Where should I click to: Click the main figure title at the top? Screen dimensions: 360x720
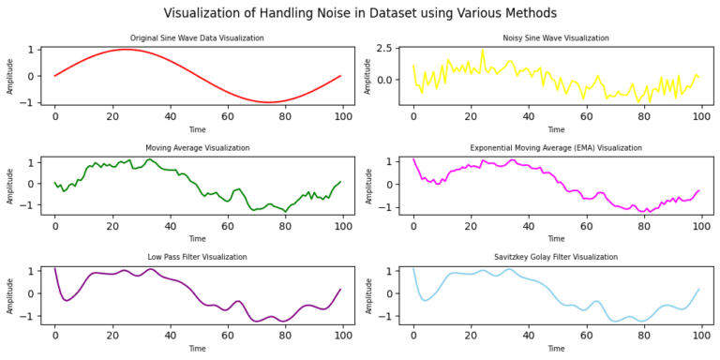(360, 13)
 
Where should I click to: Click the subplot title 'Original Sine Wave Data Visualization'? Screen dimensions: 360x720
(197, 38)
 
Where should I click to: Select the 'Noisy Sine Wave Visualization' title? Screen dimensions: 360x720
(556, 38)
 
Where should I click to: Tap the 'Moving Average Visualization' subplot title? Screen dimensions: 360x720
(197, 148)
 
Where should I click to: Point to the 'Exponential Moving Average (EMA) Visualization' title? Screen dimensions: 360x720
(556, 148)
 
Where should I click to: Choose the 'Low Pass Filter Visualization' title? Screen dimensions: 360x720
(197, 257)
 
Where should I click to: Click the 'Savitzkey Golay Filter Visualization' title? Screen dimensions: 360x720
(556, 257)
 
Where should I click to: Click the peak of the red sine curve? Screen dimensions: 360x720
(127, 50)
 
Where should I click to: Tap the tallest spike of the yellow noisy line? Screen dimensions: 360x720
(483, 50)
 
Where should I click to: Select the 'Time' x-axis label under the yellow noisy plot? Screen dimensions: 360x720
(556, 129)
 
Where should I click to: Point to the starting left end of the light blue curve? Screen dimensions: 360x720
(413, 269)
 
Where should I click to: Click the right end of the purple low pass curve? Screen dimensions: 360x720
(340, 290)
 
